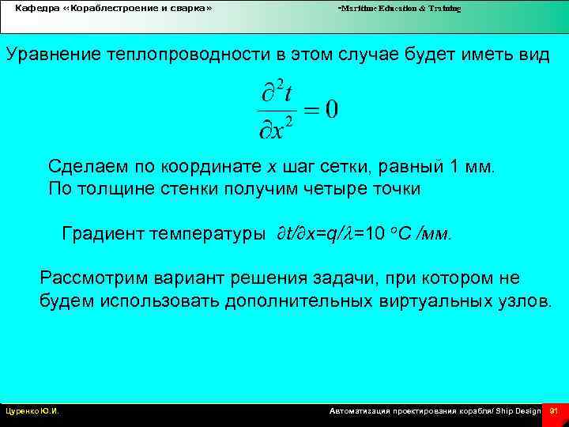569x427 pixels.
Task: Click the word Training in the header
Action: point(444,8)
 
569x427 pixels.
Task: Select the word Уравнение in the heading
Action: point(47,55)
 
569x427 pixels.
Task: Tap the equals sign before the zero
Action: point(311,109)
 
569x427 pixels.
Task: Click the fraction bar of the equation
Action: point(277,109)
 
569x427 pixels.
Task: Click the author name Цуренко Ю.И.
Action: point(32,411)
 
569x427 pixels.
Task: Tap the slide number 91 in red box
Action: point(553,411)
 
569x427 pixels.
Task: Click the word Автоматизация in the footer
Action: point(360,411)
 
